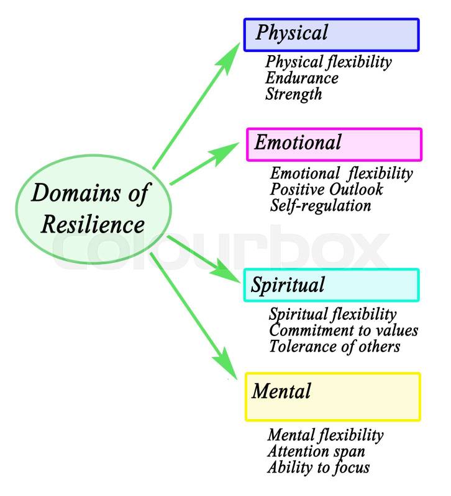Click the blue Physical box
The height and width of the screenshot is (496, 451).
331,34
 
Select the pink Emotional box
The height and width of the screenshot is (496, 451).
334,144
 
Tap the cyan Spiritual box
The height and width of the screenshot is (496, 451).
331,285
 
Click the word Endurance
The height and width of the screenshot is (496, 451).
301,78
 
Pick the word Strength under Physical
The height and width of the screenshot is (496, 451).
293,94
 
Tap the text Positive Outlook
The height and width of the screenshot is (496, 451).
326,189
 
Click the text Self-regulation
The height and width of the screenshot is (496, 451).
321,205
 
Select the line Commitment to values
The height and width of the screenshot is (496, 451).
343,330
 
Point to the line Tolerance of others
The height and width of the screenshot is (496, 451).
334,346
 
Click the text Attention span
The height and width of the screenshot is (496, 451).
316,451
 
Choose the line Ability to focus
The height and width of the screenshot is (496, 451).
318,467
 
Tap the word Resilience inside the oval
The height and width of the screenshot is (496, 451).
93,224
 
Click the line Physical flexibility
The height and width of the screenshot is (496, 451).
328,62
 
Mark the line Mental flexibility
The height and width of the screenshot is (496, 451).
325,435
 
